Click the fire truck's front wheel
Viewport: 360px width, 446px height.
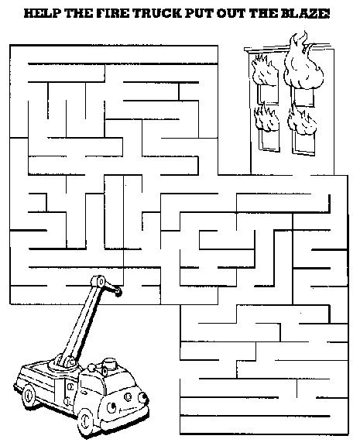(x=86, y=419)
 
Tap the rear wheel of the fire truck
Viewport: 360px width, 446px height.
(x=29, y=396)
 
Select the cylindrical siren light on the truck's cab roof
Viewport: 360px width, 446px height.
(x=109, y=363)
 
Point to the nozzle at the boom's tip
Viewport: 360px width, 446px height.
(x=118, y=292)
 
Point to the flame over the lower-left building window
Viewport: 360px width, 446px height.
(x=266, y=117)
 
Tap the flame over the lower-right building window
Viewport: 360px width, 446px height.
(x=301, y=119)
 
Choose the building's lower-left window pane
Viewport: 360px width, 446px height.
(x=269, y=140)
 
